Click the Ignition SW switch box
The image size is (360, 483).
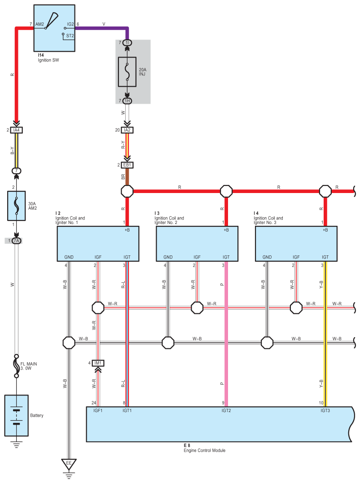click(x=54, y=28)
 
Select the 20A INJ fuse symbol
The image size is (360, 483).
click(x=127, y=72)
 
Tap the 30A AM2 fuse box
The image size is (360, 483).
click(x=17, y=206)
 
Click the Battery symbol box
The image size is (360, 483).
click(x=17, y=415)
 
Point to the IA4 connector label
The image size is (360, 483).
click(x=17, y=130)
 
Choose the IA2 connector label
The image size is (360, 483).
click(x=127, y=130)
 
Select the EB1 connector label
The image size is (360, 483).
click(x=127, y=165)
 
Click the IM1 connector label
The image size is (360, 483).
click(x=98, y=363)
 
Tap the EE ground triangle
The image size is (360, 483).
click(x=69, y=463)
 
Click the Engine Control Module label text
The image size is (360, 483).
click(x=204, y=450)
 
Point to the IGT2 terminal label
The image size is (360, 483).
click(x=226, y=410)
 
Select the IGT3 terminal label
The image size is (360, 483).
click(x=325, y=410)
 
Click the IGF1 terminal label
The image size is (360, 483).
click(x=98, y=410)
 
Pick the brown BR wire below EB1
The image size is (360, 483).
click(x=127, y=177)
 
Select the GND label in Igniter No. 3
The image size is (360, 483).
click(x=267, y=257)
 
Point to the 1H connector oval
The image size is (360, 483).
click(x=127, y=101)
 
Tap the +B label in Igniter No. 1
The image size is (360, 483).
click(x=127, y=230)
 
